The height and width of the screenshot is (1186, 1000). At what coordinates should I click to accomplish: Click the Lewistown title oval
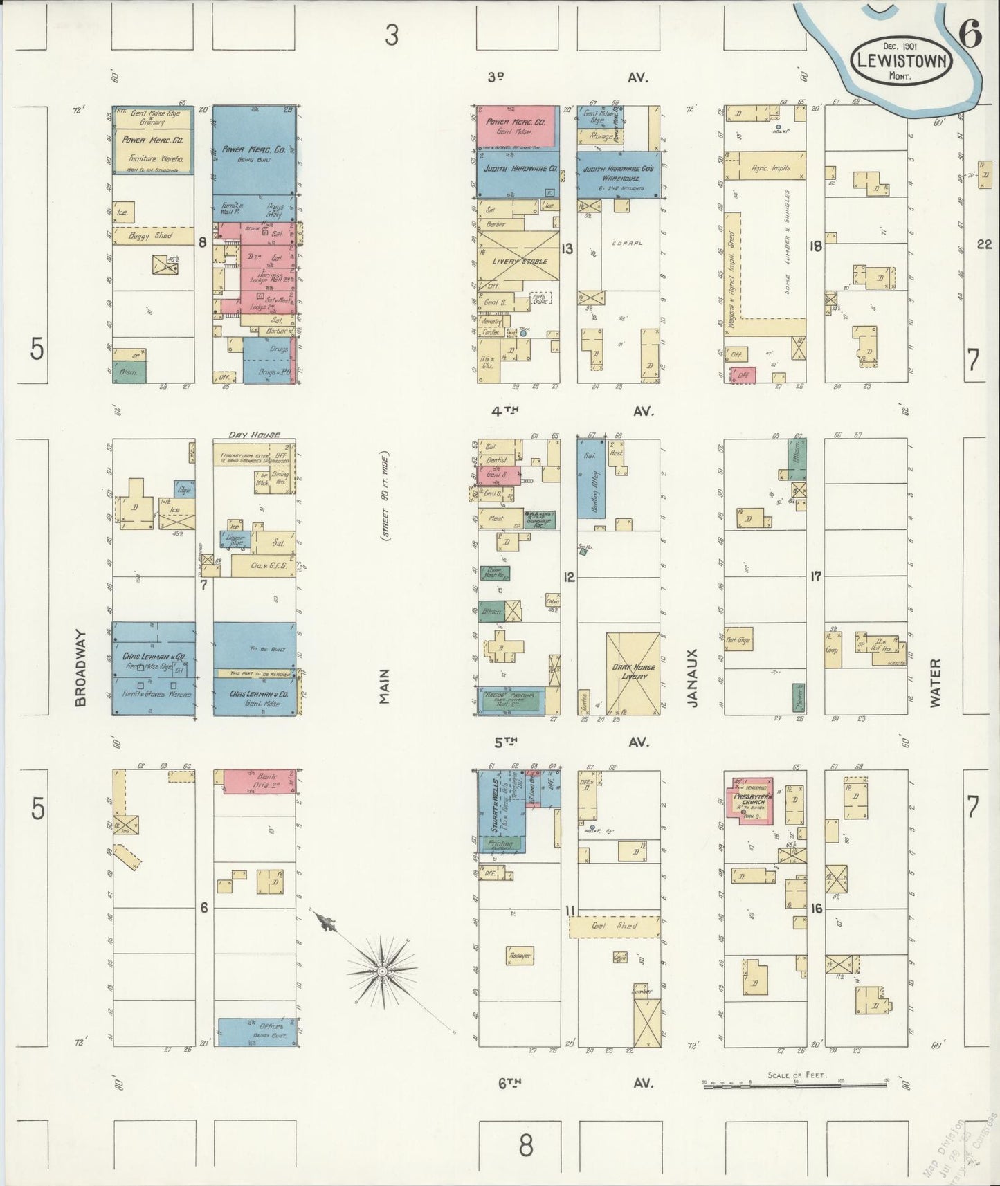pos(902,60)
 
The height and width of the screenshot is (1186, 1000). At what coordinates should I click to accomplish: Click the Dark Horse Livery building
pos(633,673)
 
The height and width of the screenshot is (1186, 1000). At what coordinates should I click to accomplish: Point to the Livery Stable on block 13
pos(520,261)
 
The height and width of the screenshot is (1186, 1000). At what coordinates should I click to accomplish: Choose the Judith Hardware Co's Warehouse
pos(619,174)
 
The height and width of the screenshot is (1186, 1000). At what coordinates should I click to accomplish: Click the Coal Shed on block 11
pos(614,926)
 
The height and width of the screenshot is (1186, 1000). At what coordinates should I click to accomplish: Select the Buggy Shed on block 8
pos(153,237)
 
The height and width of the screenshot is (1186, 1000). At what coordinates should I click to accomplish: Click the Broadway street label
pos(80,667)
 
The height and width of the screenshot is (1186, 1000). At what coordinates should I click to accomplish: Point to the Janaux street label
pos(693,677)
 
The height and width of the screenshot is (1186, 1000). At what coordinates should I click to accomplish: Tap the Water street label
pos(935,682)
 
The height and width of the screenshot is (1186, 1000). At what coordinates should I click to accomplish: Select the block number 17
pos(815,576)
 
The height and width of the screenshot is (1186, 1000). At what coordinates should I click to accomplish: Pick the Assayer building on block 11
pos(519,956)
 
